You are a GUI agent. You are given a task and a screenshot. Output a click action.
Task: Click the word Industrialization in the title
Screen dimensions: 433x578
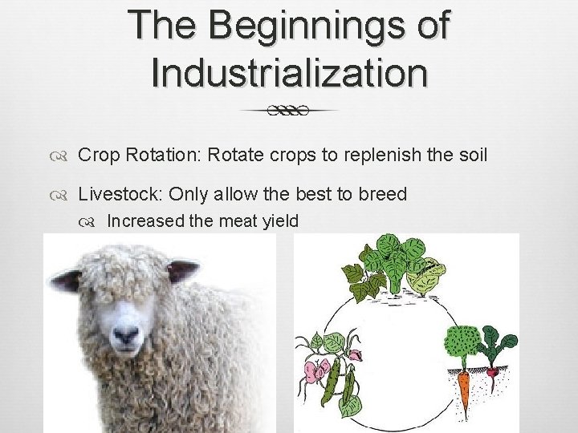(289, 71)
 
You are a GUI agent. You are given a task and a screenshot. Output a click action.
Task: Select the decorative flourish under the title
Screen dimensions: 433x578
(289, 111)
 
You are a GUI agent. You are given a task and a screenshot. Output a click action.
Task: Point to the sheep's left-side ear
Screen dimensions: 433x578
(67, 279)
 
